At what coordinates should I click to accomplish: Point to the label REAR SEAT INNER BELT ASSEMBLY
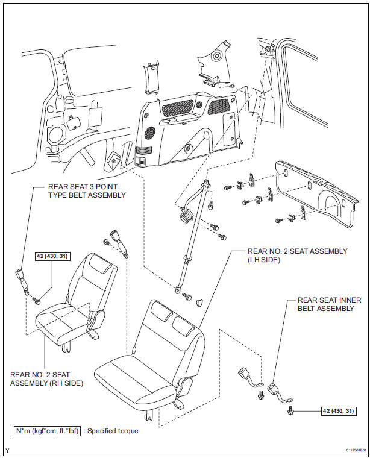click(325, 304)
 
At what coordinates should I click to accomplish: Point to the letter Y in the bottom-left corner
click(7, 450)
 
